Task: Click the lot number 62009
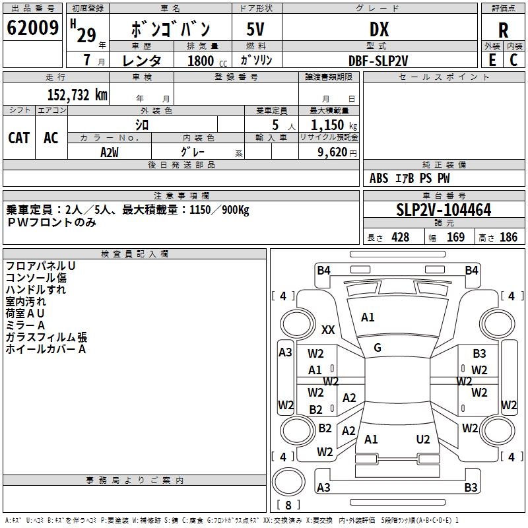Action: [32, 28]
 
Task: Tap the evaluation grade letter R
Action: [503, 30]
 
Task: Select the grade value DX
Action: [379, 29]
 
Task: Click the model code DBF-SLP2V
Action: [378, 60]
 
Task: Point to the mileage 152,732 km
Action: [77, 94]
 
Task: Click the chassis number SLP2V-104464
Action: [444, 210]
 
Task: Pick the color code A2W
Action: [110, 152]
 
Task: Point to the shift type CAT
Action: [18, 137]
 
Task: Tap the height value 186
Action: [508, 238]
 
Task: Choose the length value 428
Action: [400, 238]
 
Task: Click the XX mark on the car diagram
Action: [328, 329]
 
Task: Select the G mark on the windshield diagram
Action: [378, 347]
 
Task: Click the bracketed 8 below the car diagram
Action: [288, 505]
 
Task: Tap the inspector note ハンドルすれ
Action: [36, 289]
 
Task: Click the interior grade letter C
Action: [513, 60]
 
